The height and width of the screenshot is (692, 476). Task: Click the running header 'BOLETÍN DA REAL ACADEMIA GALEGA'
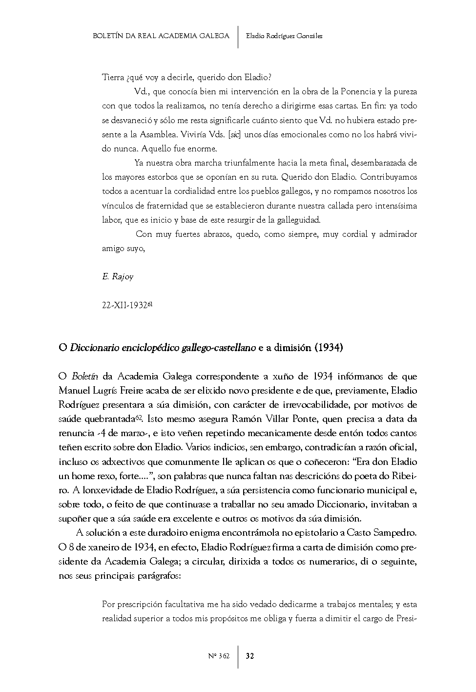(x=161, y=36)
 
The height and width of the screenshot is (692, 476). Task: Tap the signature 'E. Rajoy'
(x=118, y=277)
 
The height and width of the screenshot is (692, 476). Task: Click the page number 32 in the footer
(x=250, y=656)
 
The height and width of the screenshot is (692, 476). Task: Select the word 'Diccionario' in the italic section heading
(x=94, y=348)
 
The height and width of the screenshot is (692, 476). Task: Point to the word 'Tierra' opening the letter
(x=113, y=78)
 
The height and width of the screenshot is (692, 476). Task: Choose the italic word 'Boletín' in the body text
(x=85, y=377)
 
